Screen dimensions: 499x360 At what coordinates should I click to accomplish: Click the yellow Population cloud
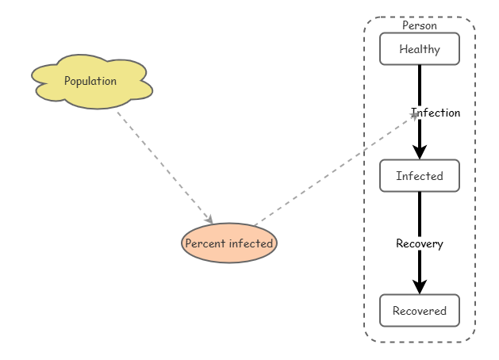pyautogui.click(x=92, y=82)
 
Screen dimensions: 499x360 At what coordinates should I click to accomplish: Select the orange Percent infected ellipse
pyautogui.click(x=229, y=243)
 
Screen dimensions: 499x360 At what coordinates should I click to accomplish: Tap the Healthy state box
pyautogui.click(x=420, y=48)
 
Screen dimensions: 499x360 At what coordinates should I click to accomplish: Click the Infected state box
pyautogui.click(x=420, y=175)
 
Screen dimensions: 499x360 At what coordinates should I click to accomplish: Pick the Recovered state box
pyautogui.click(x=420, y=310)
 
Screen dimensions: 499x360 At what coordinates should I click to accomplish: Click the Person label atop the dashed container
pyautogui.click(x=420, y=25)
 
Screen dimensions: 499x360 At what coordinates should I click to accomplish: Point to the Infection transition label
pyautogui.click(x=436, y=113)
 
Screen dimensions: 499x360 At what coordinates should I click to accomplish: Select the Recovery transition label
pyautogui.click(x=420, y=243)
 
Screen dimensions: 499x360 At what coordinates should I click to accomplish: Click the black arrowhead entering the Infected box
pyautogui.click(x=420, y=152)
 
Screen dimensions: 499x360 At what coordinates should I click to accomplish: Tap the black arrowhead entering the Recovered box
pyautogui.click(x=420, y=287)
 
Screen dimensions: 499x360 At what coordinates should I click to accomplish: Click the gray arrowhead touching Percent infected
pyautogui.click(x=209, y=220)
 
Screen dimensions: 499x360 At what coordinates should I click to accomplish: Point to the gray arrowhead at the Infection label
pyautogui.click(x=414, y=116)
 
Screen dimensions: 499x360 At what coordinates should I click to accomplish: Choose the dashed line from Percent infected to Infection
pyautogui.click(x=336, y=170)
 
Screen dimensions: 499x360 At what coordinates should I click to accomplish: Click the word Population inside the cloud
pyautogui.click(x=90, y=81)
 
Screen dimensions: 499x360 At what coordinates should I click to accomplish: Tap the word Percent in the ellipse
pyautogui.click(x=205, y=243)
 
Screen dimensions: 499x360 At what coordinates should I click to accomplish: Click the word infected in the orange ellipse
pyautogui.click(x=251, y=243)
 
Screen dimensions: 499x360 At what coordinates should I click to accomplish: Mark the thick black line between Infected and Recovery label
pyautogui.click(x=420, y=214)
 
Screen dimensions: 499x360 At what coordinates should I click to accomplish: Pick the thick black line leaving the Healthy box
pyautogui.click(x=420, y=86)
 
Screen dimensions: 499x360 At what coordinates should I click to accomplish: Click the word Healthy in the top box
pyautogui.click(x=420, y=49)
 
